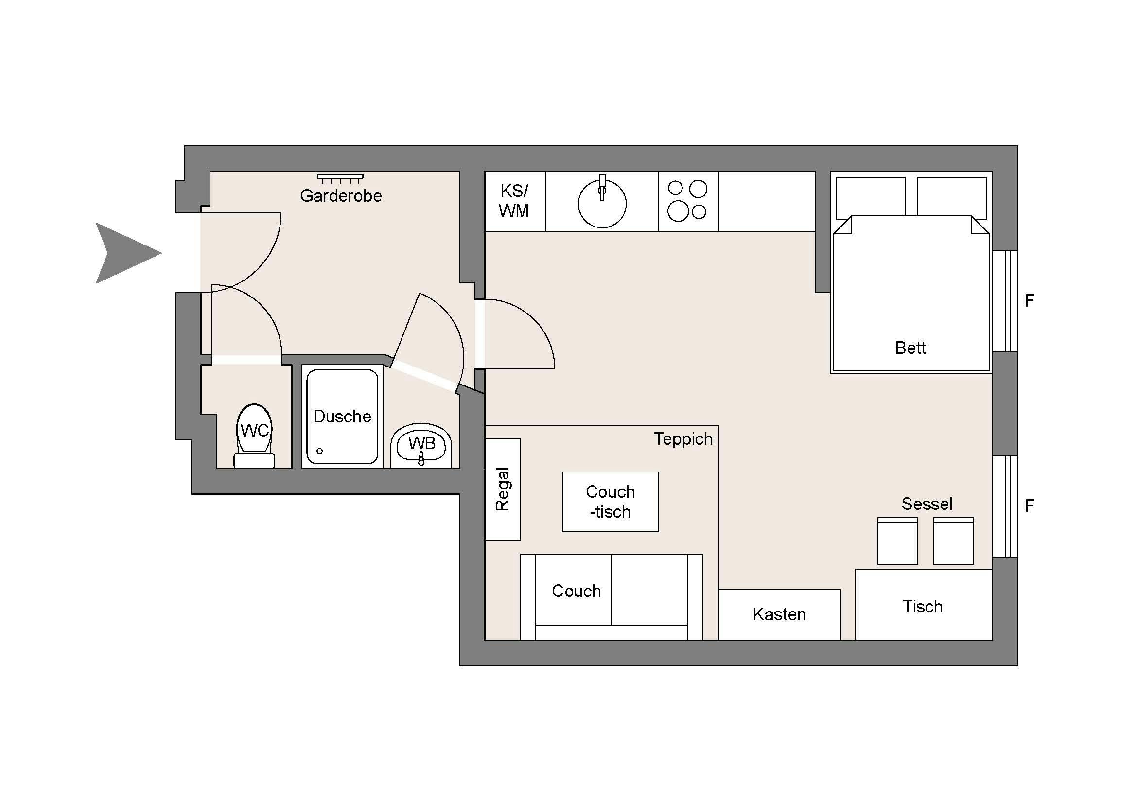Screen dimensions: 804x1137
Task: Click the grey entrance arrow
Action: (124, 253)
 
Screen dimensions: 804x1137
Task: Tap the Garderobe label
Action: (341, 196)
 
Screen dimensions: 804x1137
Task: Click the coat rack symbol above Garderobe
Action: (340, 178)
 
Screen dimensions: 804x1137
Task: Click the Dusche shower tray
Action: (342, 417)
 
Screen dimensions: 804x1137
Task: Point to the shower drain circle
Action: (319, 451)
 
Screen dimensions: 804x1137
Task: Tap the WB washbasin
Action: (421, 445)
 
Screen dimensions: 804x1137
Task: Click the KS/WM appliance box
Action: (514, 202)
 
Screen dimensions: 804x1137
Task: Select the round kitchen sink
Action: (602, 204)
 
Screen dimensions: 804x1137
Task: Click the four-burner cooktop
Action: (687, 201)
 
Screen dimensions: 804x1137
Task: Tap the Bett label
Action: (910, 348)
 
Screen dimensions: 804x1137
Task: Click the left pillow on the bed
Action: (870, 197)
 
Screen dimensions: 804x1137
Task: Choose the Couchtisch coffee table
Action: (610, 502)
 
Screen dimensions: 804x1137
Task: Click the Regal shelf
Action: (503, 489)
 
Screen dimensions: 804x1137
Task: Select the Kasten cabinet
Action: (779, 614)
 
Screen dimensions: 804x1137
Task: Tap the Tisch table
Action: (923, 606)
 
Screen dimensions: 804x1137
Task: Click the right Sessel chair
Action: (953, 541)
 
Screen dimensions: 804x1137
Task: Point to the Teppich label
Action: (683, 439)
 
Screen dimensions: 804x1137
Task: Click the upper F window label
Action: (1030, 300)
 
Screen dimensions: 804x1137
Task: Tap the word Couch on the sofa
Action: (576, 591)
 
